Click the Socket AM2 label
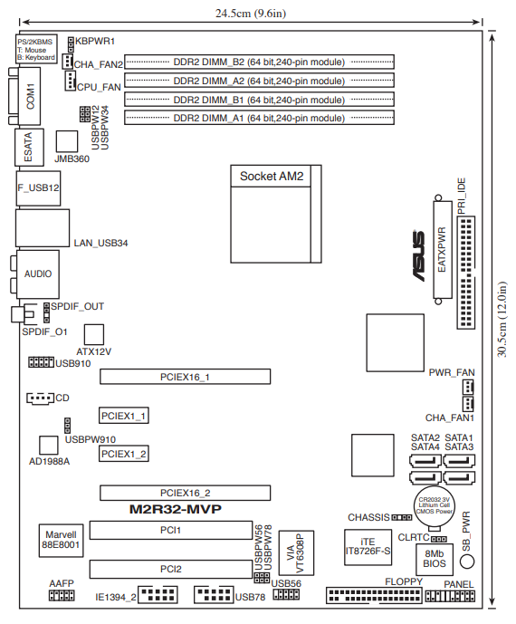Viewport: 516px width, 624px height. pos(272,176)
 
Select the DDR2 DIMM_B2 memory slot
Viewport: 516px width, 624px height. pos(259,62)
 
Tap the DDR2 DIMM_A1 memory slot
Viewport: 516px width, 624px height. pos(259,119)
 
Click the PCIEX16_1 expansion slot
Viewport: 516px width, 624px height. pos(185,377)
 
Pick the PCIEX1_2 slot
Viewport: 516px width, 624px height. pos(124,454)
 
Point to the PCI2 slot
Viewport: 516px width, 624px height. pos(171,569)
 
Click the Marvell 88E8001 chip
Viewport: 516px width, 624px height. pos(61,540)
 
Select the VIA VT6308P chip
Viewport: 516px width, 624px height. pos(296,552)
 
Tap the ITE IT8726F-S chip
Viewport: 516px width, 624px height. pos(368,547)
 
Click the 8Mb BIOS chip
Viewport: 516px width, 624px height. pos(435,559)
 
